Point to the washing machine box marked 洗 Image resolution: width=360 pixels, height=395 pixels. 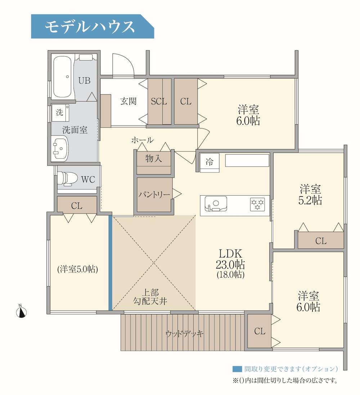tap(59, 112)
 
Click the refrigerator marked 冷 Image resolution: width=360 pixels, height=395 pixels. tap(209, 163)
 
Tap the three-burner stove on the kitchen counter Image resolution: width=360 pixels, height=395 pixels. tap(257, 204)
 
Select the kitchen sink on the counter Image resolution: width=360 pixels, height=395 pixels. tap(216, 204)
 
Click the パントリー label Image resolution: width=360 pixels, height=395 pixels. tap(154, 195)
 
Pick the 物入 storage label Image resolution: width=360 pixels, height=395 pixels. tap(154, 159)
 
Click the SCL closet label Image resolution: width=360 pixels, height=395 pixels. tap(159, 102)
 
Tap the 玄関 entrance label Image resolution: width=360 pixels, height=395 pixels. tap(128, 101)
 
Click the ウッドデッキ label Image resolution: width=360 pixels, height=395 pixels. tap(185, 333)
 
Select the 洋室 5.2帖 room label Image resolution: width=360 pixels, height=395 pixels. tap(310, 195)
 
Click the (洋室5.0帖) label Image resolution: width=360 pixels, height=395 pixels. tap(78, 269)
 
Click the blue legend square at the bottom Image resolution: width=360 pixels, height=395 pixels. tap(237, 369)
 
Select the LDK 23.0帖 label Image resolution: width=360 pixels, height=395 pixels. tap(230, 264)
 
